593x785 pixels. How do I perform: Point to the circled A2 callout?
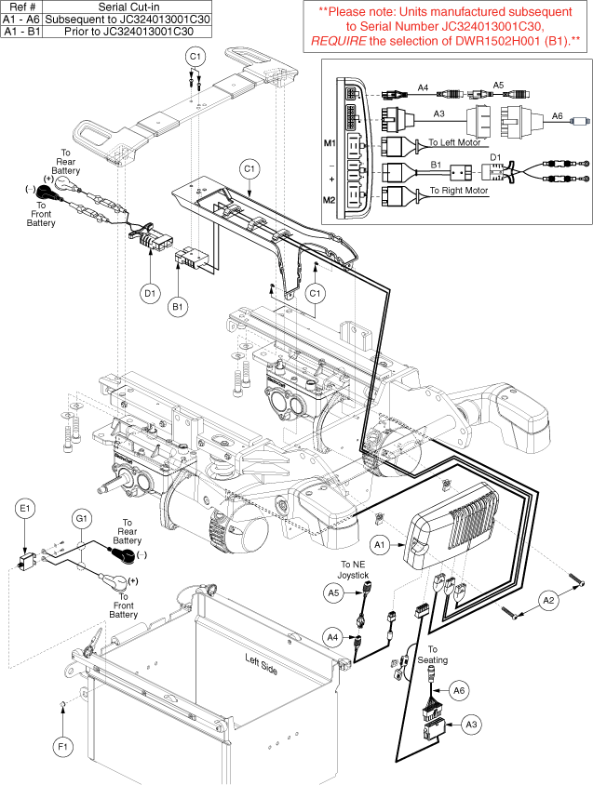[548, 602]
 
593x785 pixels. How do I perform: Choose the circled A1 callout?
[379, 543]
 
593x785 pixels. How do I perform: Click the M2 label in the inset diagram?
[330, 200]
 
